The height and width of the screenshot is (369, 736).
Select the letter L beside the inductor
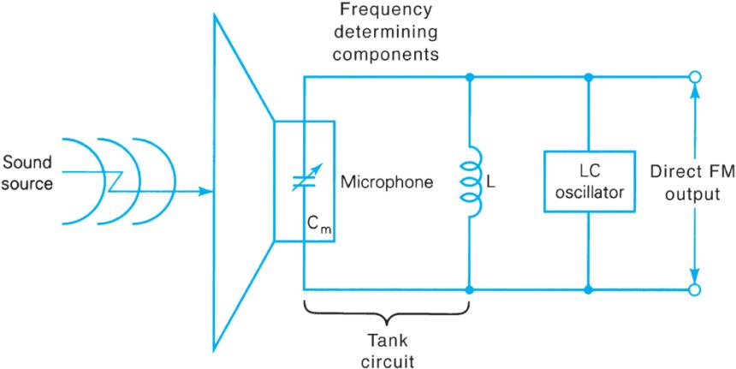coord(490,183)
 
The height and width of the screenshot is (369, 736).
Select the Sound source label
coord(26,172)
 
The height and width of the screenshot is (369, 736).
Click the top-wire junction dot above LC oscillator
coord(587,78)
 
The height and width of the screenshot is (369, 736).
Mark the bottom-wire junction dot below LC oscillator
coord(587,290)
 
